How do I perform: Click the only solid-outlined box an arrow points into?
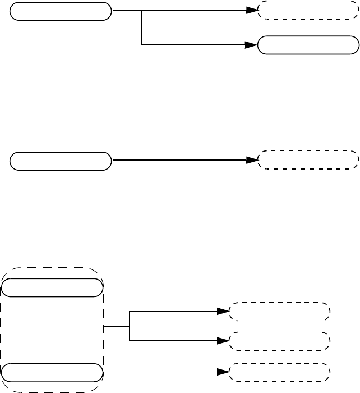(x=307, y=45)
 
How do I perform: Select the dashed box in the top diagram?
(x=307, y=11)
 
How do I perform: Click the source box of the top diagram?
(x=61, y=11)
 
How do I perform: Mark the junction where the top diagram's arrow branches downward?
(x=142, y=11)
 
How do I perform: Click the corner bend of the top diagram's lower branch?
(x=142, y=45)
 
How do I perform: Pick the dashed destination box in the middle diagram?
(x=307, y=160)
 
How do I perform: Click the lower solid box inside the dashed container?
(x=53, y=372)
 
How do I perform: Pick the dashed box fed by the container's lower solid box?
(x=279, y=372)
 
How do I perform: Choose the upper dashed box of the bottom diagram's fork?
(x=279, y=310)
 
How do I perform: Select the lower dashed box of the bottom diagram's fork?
(x=279, y=340)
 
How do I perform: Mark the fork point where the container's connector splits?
(x=129, y=326)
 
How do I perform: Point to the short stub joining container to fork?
(x=117, y=326)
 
